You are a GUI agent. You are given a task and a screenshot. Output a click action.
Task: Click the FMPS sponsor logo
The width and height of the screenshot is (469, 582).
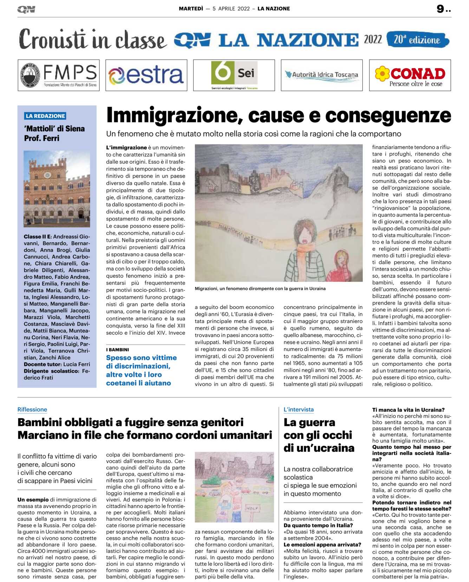pyautogui.click(x=59, y=75)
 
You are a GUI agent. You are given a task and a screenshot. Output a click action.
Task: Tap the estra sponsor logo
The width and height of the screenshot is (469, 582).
pyautogui.click(x=146, y=75)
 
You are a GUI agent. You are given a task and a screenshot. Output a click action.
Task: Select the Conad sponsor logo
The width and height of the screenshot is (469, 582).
pyautogui.click(x=410, y=75)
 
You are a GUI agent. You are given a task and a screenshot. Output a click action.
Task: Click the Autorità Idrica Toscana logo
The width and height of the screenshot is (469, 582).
pyautogui.click(x=321, y=75)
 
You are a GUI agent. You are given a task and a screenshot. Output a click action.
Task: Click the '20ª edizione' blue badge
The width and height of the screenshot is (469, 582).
pyautogui.click(x=417, y=40)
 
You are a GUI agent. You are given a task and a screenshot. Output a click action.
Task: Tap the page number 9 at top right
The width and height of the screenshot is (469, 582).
pyautogui.click(x=441, y=9)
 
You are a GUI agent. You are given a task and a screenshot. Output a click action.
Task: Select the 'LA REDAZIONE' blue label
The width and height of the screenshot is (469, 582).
pyautogui.click(x=45, y=116)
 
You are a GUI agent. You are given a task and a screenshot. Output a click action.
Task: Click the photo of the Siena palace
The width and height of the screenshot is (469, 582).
pyautogui.click(x=57, y=189)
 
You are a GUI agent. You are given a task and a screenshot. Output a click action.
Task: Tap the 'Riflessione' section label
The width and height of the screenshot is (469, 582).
pyautogui.click(x=32, y=410)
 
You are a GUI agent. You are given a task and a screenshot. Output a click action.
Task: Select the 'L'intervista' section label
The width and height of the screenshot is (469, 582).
pyautogui.click(x=299, y=410)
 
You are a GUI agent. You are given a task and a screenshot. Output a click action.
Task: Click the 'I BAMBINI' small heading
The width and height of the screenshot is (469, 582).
pyautogui.click(x=117, y=350)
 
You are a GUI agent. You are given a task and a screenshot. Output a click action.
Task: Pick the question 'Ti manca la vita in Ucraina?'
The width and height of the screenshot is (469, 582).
pyautogui.click(x=408, y=410)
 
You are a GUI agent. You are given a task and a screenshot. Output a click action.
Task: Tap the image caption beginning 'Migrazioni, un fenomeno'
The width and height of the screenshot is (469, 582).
pyautogui.click(x=260, y=289)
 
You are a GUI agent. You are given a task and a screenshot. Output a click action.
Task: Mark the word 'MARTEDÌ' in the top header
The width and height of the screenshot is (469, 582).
pyautogui.click(x=191, y=9)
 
